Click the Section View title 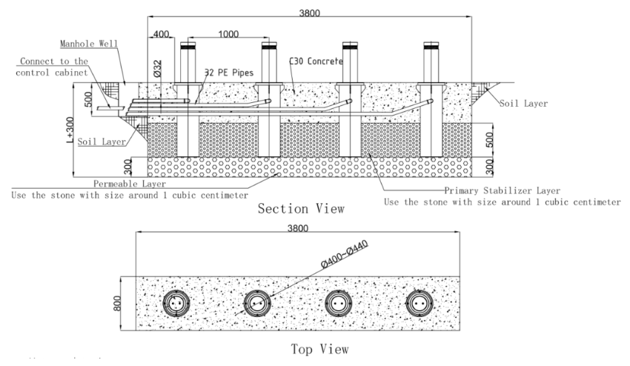pos(301,209)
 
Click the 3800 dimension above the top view pos(298,230)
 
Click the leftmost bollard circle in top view pos(177,303)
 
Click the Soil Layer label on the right pos(524,104)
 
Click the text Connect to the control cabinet pos(54,66)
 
